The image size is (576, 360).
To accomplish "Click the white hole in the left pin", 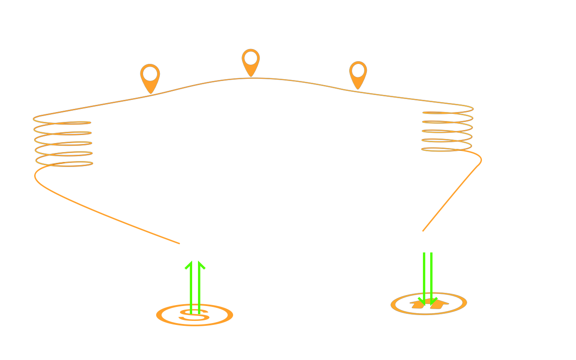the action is tap(150, 74).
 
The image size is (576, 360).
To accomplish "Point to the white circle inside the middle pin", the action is tap(251, 58).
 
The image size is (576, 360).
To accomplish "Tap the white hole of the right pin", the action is tap(358, 71).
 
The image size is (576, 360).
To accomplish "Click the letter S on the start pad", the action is tap(194, 315).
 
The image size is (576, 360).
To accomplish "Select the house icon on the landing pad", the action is tap(429, 304).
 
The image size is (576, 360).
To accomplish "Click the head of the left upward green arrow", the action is tap(190, 265).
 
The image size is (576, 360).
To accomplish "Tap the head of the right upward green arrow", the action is tap(201, 265).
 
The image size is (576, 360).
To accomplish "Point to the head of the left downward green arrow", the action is tap(422, 301).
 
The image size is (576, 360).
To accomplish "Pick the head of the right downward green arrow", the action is tap(433, 301).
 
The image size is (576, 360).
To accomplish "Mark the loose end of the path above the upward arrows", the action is tap(180, 243).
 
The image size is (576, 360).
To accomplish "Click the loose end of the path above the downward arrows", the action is tap(423, 231).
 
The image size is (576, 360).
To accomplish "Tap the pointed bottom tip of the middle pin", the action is tap(251, 76).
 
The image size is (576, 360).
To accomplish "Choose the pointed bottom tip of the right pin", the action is tap(358, 90).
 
